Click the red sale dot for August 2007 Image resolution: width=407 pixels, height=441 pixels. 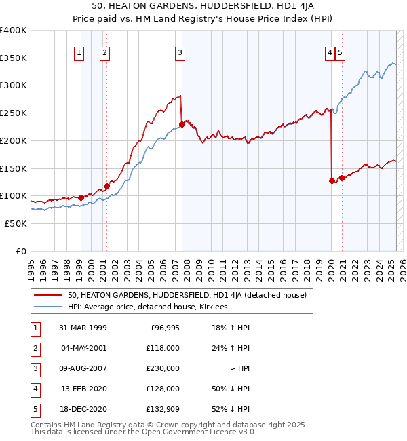(182, 124)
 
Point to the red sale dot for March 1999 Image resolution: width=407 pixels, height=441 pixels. (81, 197)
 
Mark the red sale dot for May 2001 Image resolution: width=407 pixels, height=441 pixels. (106, 186)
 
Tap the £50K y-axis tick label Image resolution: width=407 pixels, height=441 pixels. (16, 223)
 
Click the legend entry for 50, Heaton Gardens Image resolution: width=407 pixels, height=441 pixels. (187, 295)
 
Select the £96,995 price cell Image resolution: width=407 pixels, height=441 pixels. (165, 327)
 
